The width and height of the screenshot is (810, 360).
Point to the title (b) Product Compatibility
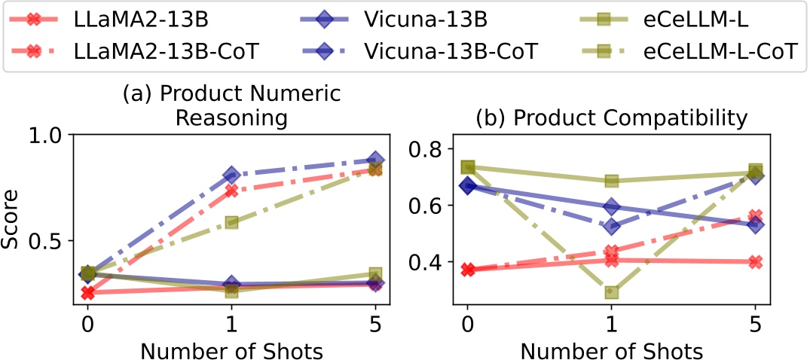pyautogui.click(x=611, y=117)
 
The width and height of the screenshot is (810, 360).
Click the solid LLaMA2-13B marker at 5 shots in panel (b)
pyautogui.click(x=755, y=261)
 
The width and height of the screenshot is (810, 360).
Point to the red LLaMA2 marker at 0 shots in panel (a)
pyautogui.click(x=87, y=292)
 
